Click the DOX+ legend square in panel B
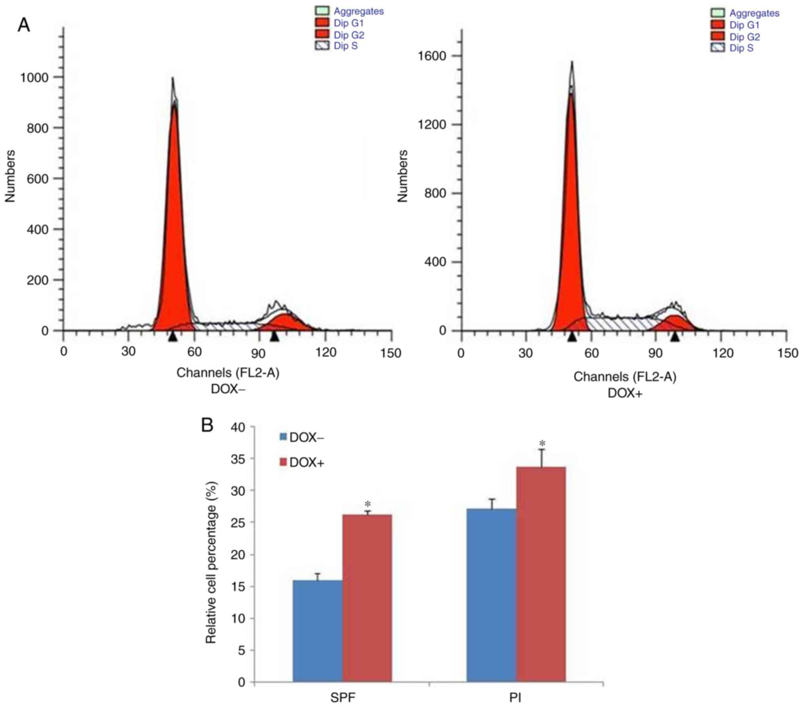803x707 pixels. click(x=283, y=462)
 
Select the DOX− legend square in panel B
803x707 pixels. click(x=283, y=437)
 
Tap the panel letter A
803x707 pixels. click(x=24, y=26)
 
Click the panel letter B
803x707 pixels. click(x=207, y=425)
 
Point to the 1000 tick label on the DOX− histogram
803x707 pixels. click(x=34, y=77)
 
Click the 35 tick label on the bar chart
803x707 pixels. click(x=237, y=459)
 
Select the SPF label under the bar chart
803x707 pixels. click(x=343, y=698)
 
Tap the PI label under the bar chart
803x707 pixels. click(x=515, y=698)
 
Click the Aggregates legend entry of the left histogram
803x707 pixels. click(x=358, y=11)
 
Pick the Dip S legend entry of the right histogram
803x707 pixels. click(x=741, y=48)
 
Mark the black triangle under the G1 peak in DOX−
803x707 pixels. click(x=172, y=337)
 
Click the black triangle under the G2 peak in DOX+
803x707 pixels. click(x=675, y=337)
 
